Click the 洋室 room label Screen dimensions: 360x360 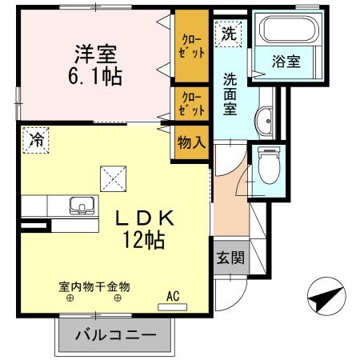pos(97,55)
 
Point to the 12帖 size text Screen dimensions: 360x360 pos(144,239)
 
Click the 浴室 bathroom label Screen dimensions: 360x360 pos(286,62)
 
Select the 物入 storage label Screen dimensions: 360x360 pos(192,143)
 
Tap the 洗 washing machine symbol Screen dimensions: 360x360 pos(230,34)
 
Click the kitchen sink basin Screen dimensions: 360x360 pos(82,206)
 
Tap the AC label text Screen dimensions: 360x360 pos(173,295)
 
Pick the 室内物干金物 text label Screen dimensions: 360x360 pos(94,286)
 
